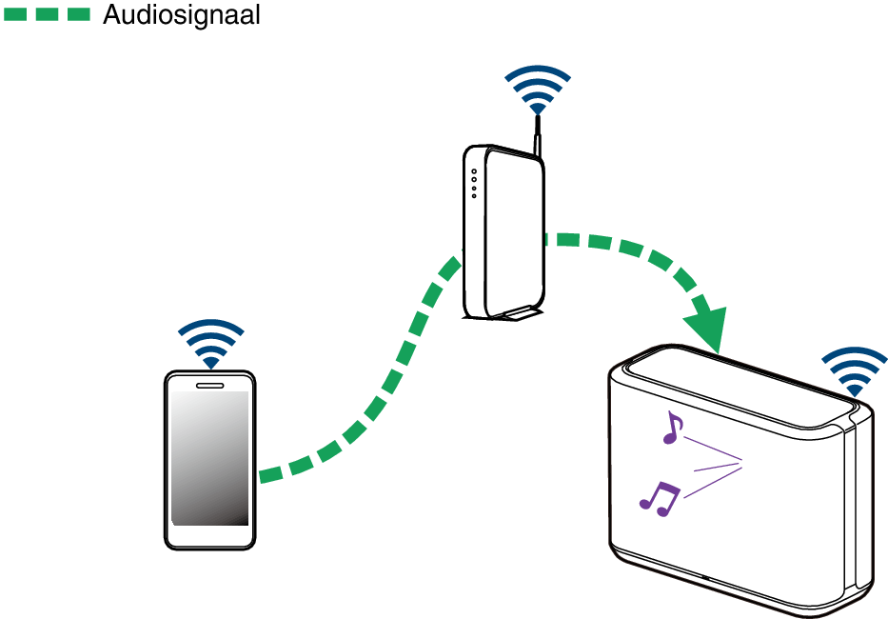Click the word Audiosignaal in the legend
point(181,15)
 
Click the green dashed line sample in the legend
point(48,15)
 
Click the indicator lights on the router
point(474,184)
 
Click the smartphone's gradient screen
point(210,457)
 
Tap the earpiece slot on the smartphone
point(210,386)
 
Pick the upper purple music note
point(673,428)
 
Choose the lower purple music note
point(660,497)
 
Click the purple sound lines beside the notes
point(714,467)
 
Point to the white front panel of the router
point(514,229)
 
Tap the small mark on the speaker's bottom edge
point(704,576)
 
